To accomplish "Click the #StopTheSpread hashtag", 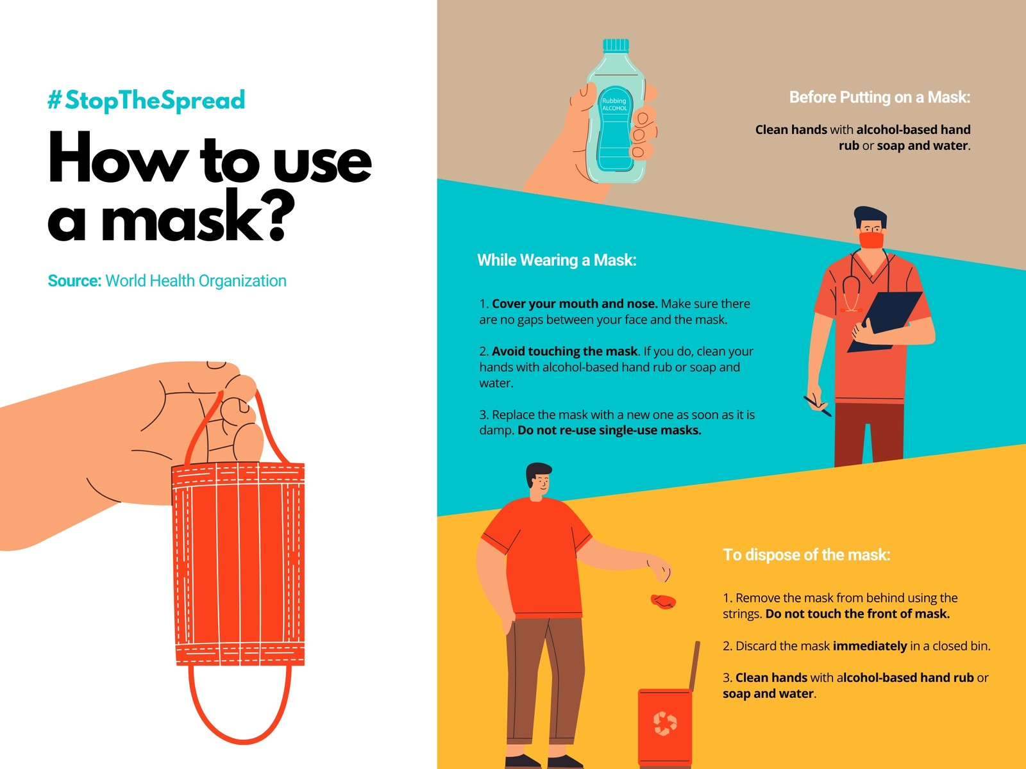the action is pyautogui.click(x=146, y=100).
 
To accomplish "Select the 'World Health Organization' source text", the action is pyautogui.click(x=196, y=281).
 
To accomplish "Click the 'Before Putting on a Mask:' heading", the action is pyautogui.click(x=880, y=97).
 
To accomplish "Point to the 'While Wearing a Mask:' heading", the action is pyautogui.click(x=557, y=260).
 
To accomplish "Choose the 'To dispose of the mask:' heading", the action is pyautogui.click(x=806, y=555).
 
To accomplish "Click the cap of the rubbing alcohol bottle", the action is pyautogui.click(x=616, y=45).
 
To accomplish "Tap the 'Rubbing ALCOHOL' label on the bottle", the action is pyautogui.click(x=614, y=104).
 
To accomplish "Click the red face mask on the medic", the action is pyautogui.click(x=871, y=240).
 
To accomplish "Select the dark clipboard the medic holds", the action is pyautogui.click(x=885, y=321).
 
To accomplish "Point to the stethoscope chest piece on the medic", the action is pyautogui.click(x=851, y=309).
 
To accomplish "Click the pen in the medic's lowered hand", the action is pyautogui.click(x=818, y=406).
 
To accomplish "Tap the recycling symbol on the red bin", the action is pyautogui.click(x=665, y=724).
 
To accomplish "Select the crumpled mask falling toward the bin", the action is pyautogui.click(x=663, y=601).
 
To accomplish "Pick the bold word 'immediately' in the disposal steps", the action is pyautogui.click(x=870, y=646).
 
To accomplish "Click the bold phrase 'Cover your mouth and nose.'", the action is pyautogui.click(x=575, y=304).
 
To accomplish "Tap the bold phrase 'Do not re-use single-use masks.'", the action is pyautogui.click(x=610, y=430).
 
